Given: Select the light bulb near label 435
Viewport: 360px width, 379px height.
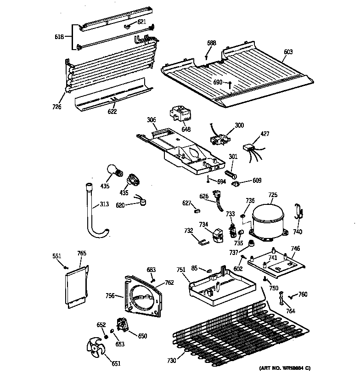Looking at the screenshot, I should tap(113, 171).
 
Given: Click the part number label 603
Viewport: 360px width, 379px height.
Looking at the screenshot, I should tap(288, 52).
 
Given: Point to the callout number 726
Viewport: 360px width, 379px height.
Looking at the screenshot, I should tap(57, 107).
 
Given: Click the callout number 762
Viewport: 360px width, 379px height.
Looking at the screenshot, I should tap(169, 283).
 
